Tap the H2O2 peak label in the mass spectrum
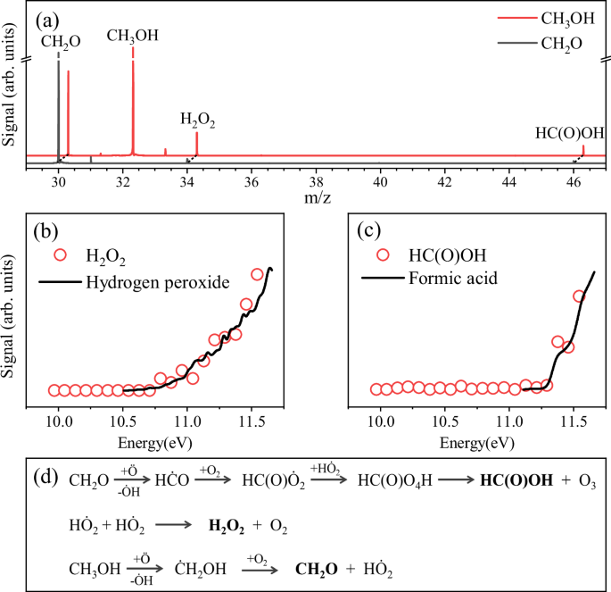click(x=197, y=118)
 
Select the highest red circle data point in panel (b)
click(x=258, y=274)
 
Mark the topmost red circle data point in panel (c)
click(x=578, y=296)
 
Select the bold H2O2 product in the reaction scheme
click(x=228, y=525)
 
